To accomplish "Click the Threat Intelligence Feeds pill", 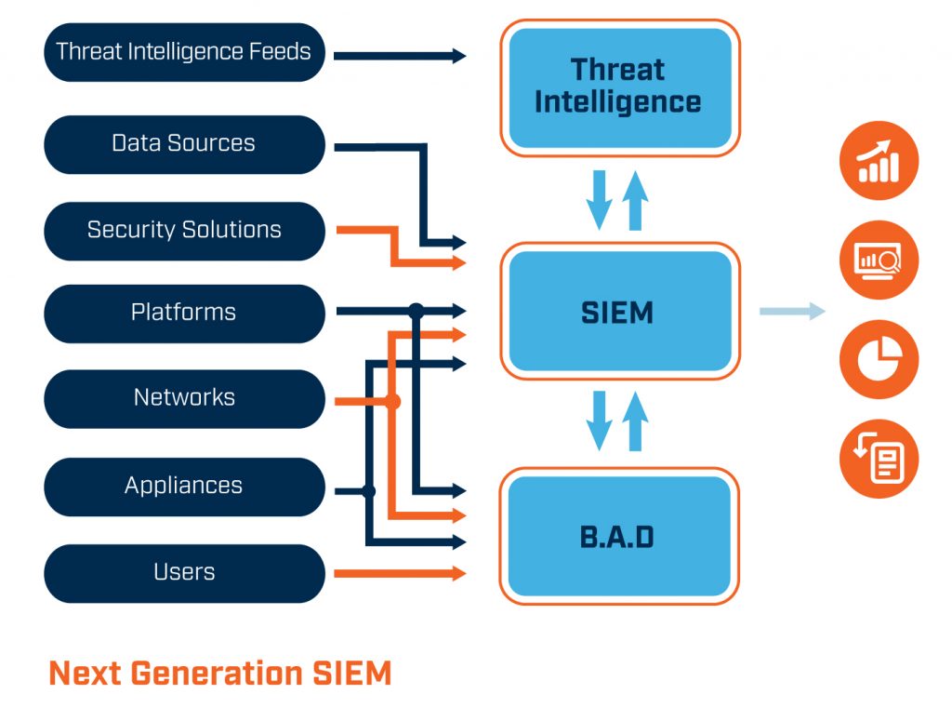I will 184,52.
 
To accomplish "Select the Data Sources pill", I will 184,144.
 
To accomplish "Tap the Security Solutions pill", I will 184,230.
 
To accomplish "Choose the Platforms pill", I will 184,313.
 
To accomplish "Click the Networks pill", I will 184,398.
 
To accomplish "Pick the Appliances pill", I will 184,486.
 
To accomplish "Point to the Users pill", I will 184,572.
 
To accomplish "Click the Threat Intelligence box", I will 619,87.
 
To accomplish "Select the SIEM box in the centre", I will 619,313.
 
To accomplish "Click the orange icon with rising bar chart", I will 879,162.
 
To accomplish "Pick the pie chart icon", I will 879,360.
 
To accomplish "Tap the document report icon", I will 879,460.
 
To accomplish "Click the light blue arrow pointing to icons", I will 792,312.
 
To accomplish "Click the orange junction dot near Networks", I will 392,402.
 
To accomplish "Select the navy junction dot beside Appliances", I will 369,490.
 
